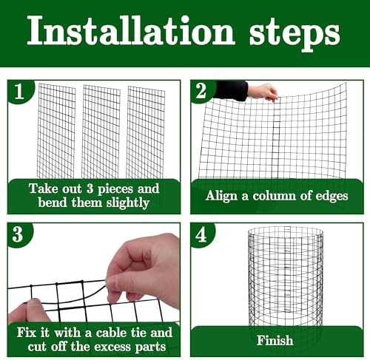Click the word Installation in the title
131,31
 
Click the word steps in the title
295,35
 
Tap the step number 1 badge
19,92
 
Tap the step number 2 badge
201,91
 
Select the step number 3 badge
18,234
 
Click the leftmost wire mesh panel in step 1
56,131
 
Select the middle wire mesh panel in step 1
101,132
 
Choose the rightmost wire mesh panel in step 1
146,132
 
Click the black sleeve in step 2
232,90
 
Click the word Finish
275,340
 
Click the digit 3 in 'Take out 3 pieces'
90,189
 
